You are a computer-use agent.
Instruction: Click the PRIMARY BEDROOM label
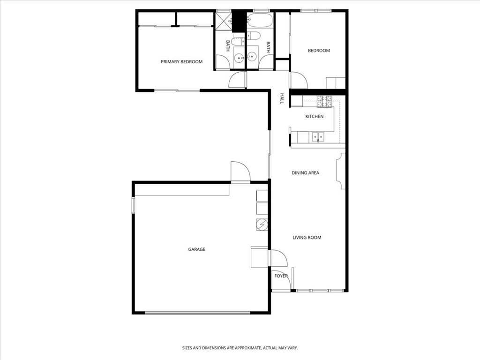point(181,62)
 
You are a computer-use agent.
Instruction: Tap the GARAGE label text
point(196,249)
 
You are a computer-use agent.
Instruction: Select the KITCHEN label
point(314,116)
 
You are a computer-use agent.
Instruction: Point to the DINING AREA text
point(305,173)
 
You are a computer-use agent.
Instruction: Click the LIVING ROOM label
point(307,238)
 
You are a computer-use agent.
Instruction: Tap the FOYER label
point(281,276)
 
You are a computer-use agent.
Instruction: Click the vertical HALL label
point(282,98)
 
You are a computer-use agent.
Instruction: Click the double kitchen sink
point(319,137)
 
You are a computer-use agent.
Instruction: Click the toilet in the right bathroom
point(256,37)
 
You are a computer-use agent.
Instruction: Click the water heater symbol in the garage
point(262,225)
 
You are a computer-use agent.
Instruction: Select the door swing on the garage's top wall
point(240,172)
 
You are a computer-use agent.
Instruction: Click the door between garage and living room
point(277,258)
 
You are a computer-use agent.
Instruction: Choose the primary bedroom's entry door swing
point(237,80)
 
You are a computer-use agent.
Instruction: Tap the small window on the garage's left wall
point(133,205)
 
